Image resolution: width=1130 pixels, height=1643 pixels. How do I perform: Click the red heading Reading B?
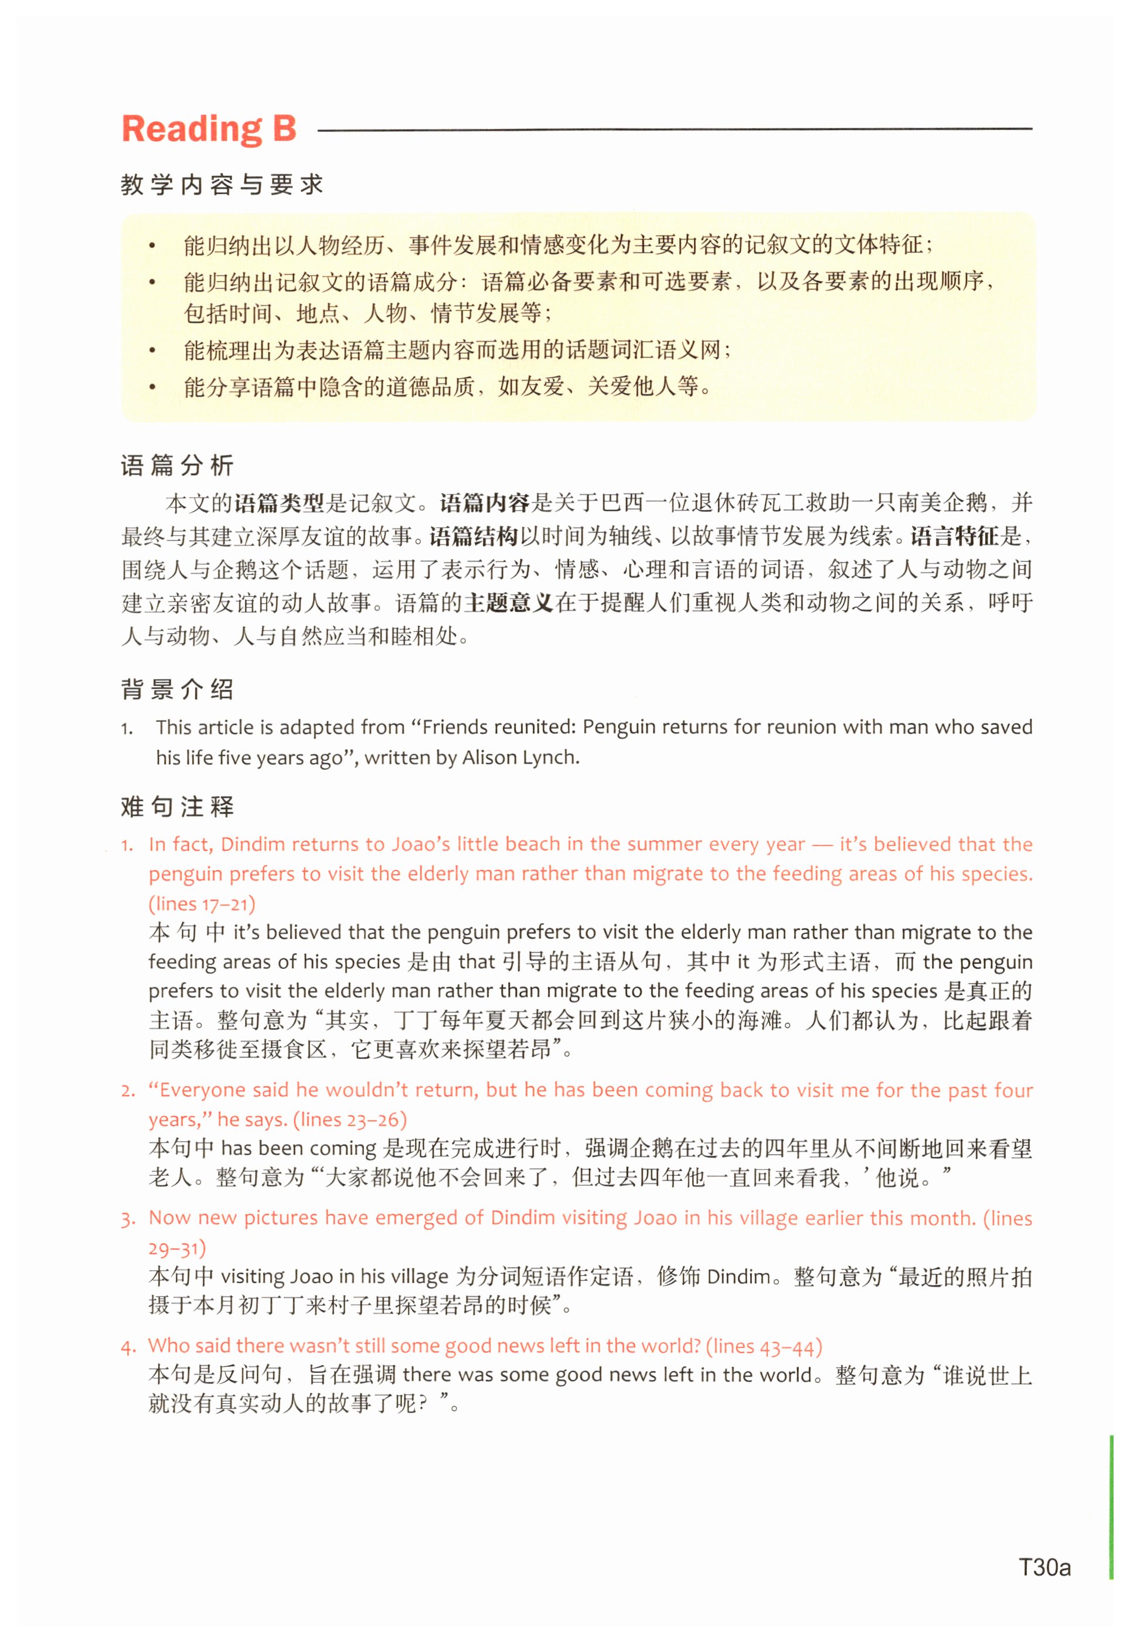tap(209, 129)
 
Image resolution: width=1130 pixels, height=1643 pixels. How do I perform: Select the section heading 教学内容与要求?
tap(222, 185)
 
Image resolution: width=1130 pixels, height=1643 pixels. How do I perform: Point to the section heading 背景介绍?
tap(177, 689)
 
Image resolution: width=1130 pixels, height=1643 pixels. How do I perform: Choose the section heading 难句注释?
tap(177, 807)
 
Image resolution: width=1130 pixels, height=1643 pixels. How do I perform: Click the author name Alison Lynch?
tap(520, 757)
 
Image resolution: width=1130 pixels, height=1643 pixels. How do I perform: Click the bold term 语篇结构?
tap(474, 536)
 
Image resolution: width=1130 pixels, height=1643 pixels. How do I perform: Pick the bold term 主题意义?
tap(508, 603)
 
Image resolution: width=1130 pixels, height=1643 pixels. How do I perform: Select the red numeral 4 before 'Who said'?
tap(127, 1347)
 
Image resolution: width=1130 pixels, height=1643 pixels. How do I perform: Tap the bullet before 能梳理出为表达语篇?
tap(152, 351)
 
